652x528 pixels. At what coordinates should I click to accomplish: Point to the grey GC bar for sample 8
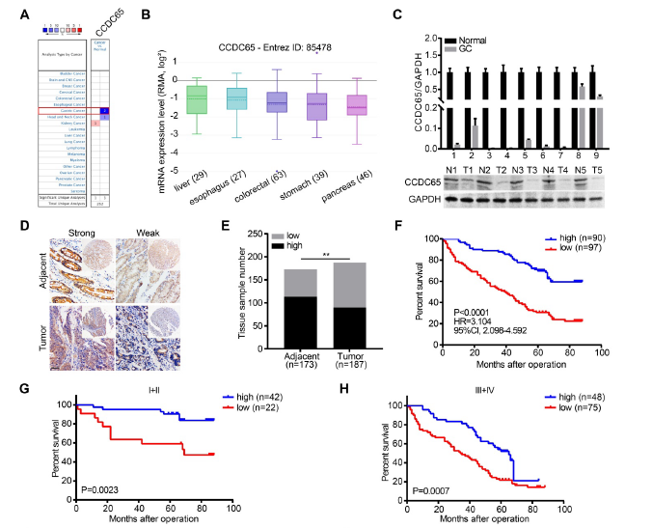click(583, 92)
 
